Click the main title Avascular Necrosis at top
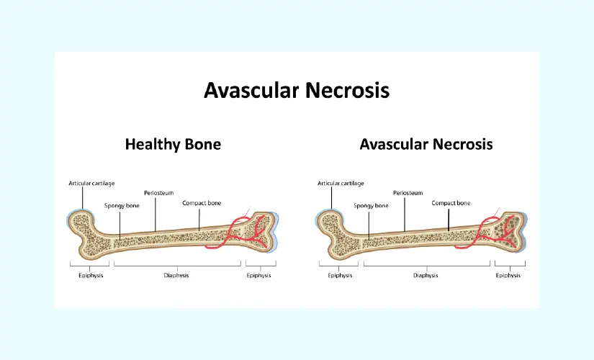(297, 90)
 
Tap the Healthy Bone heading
(173, 144)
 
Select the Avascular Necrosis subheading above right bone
(426, 144)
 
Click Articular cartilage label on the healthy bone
(91, 184)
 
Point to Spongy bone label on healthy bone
(122, 205)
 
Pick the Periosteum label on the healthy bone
(158, 193)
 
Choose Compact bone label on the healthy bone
(202, 203)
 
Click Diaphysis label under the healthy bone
(176, 275)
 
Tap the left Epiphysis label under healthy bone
(91, 275)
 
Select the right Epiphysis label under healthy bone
(258, 275)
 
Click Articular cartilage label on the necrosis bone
(341, 184)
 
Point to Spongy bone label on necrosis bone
(371, 205)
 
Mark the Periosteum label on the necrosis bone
(408, 193)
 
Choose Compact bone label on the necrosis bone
(451, 203)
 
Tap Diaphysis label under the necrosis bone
(426, 275)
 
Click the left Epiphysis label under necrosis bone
(340, 275)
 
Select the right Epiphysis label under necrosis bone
(508, 275)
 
